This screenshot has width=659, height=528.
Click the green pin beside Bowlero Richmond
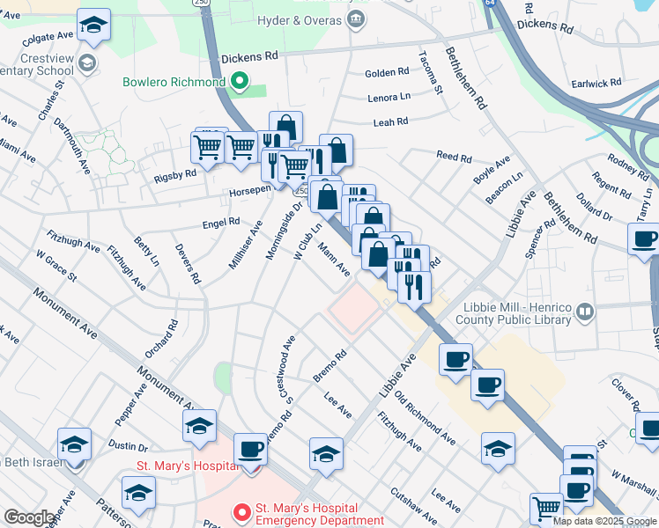tap(239, 83)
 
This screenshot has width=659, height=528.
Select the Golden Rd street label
tap(387, 72)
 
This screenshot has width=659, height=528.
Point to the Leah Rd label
tap(390, 122)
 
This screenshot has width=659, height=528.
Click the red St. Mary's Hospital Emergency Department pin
tap(240, 510)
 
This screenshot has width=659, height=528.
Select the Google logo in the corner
tap(29, 517)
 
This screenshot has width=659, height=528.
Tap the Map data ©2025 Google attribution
tap(604, 521)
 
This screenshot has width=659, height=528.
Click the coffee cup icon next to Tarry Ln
tap(643, 238)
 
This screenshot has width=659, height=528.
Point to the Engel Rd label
tap(221, 223)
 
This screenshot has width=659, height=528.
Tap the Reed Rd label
tap(454, 157)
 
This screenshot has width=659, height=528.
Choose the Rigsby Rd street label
tap(175, 174)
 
